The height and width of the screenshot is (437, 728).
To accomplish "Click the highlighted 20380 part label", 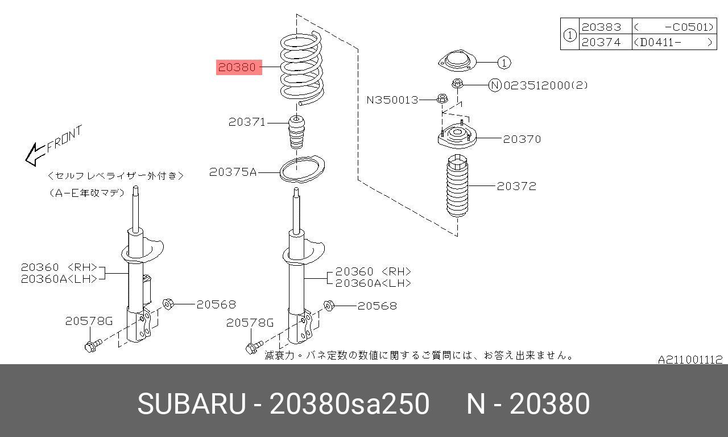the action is (239, 67).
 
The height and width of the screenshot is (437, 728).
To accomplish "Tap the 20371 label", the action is (247, 122).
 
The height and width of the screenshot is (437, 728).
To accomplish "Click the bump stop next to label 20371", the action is (296, 131).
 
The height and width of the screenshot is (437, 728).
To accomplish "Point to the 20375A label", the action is (233, 172).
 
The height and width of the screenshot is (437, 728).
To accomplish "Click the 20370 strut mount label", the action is (522, 139).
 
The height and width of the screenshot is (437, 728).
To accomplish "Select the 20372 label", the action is (516, 186).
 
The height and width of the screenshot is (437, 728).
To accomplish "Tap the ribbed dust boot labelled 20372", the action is (457, 186).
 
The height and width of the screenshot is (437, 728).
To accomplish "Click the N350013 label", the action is (392, 100).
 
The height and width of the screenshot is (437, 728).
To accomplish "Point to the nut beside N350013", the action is (442, 98).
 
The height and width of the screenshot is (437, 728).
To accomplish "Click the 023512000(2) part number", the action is (545, 85).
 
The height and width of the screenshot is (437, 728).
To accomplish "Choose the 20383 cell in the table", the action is (601, 27).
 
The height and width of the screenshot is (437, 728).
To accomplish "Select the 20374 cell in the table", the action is (601, 42).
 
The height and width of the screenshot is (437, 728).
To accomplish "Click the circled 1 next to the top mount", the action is (504, 63).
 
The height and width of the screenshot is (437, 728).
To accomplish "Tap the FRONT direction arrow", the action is (36, 154).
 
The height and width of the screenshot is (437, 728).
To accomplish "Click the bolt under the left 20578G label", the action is (93, 345).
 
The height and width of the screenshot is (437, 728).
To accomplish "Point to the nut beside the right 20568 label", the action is (329, 306).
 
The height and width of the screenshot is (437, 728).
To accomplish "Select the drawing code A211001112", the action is (690, 359).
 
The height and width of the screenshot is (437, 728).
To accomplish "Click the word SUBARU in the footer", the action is (192, 403).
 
